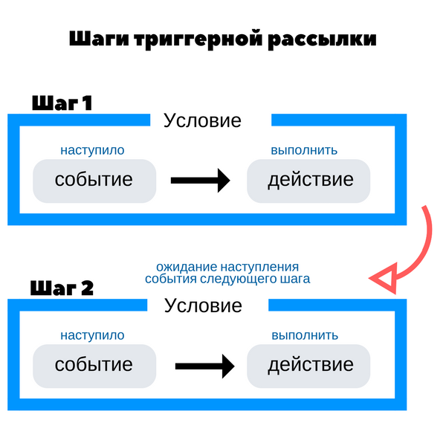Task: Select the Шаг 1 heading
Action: click(x=62, y=103)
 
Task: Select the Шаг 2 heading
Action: click(x=62, y=288)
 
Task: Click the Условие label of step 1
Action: click(x=202, y=120)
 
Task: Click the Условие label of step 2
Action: click(x=203, y=306)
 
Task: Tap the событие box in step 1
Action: click(x=94, y=180)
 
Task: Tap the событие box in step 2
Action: click(x=94, y=365)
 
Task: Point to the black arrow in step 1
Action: click(x=200, y=180)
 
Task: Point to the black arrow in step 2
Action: click(x=204, y=365)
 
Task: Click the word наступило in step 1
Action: click(x=92, y=150)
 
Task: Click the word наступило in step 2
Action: click(x=92, y=335)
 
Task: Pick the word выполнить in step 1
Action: click(x=304, y=150)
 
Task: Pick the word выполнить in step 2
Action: click(x=304, y=335)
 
